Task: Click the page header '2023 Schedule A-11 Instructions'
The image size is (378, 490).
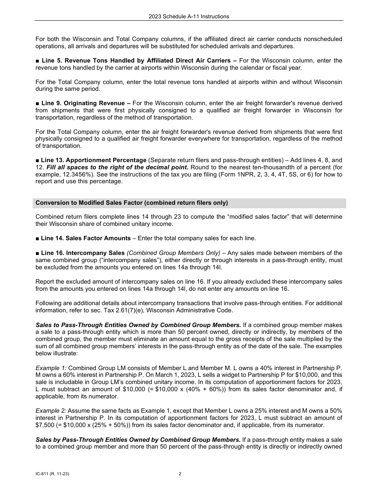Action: pyautogui.click(x=189, y=16)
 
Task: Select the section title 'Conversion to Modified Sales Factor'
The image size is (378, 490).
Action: pyautogui.click(x=131, y=203)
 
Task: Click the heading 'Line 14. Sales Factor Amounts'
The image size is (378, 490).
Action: pyautogui.click(x=86, y=238)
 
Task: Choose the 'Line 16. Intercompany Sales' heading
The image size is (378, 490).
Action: pyautogui.click(x=83, y=253)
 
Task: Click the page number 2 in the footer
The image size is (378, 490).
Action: pyautogui.click(x=180, y=474)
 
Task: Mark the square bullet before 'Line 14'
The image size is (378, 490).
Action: pyautogui.click(x=37, y=238)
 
